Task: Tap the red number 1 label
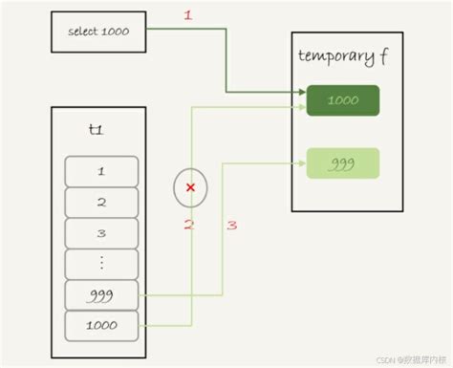pos(188,16)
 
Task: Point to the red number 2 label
pos(189,225)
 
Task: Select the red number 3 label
pos(231,225)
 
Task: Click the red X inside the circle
pos(190,187)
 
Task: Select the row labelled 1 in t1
pos(100,171)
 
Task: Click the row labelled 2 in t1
pos(100,203)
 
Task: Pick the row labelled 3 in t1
pos(100,233)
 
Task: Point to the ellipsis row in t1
pos(100,264)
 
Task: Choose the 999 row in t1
pos(100,295)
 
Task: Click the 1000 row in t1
pos(100,326)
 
